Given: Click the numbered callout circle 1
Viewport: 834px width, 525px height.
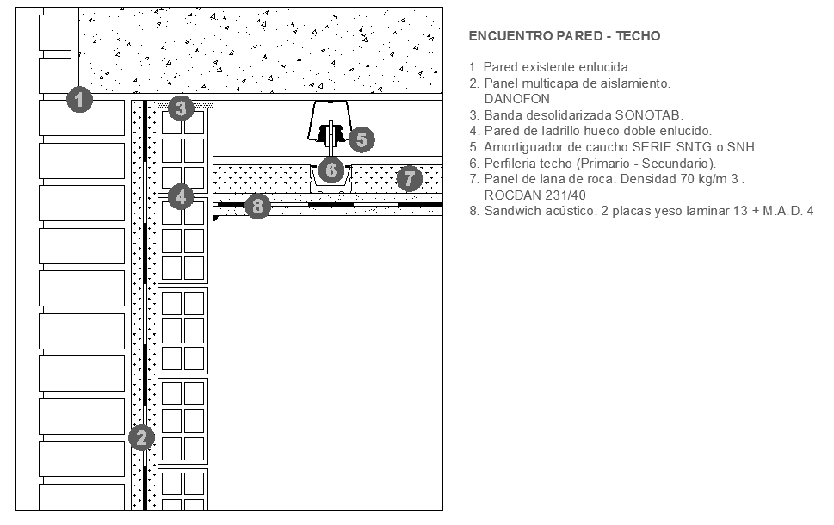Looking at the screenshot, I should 79,100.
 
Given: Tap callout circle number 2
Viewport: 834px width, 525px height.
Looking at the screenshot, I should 141,438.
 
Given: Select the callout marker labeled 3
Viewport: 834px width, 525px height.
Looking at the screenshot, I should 180,108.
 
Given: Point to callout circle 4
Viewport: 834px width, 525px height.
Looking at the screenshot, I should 180,196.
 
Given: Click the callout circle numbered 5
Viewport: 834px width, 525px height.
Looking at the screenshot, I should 361,139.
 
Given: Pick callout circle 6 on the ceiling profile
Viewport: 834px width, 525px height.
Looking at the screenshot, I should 331,170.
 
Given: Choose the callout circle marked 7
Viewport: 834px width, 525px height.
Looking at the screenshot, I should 409,179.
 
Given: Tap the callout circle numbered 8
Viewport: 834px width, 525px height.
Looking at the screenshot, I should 257,206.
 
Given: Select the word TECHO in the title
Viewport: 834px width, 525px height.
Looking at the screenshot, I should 638,36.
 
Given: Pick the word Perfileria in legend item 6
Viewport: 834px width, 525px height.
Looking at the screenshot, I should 511,164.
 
